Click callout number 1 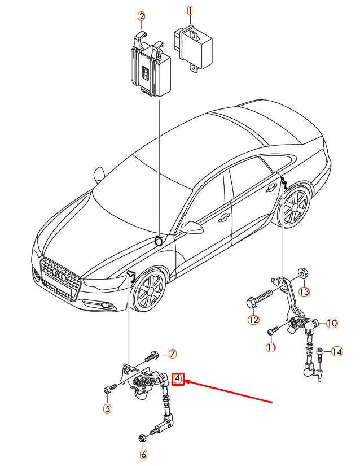pos(190,10)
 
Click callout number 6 pos(143,454)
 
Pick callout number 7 pos(173,354)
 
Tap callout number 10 pos(331,323)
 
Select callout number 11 pos(271,347)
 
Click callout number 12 pos(253,320)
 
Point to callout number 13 pos(304,291)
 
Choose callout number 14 pos(337,352)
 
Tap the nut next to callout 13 pos(302,275)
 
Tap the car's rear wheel pos(295,207)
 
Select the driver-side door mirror pos(192,227)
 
